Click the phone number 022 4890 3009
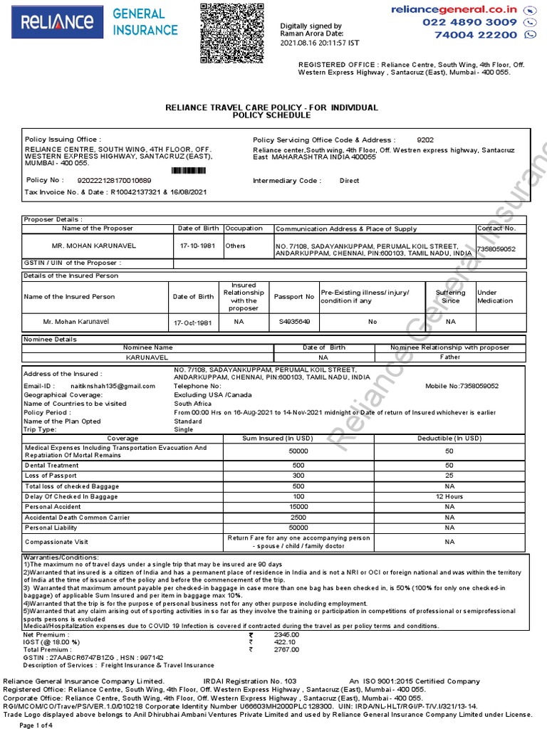(x=469, y=22)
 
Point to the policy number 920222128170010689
(x=114, y=181)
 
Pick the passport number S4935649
(x=294, y=322)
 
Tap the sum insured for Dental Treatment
(x=298, y=465)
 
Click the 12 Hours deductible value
(x=449, y=495)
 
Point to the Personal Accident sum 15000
(x=298, y=506)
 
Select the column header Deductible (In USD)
(x=449, y=439)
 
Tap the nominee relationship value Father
(x=450, y=357)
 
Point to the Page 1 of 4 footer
(x=36, y=725)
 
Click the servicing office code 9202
(x=424, y=140)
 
